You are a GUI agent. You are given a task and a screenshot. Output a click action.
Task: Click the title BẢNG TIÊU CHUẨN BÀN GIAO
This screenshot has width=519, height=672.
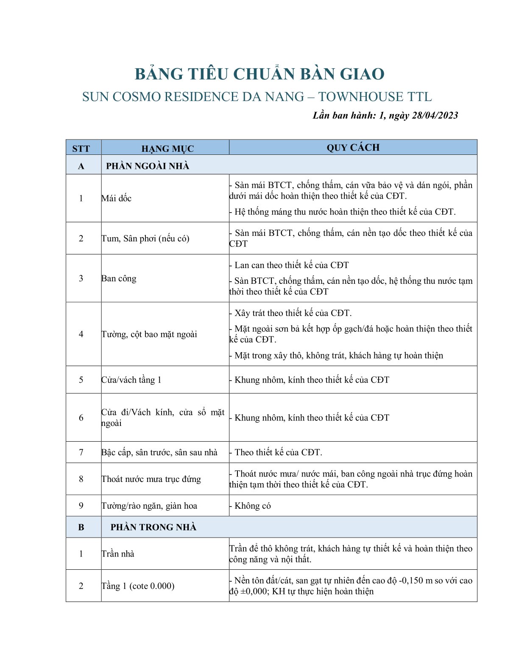coord(259,74)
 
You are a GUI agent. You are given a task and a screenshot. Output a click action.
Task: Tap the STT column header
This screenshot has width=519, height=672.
coord(81,148)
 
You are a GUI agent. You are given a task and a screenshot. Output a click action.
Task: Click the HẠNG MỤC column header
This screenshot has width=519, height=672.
coord(167,148)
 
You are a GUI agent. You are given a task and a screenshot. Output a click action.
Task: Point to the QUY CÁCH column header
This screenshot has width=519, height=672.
coord(353,148)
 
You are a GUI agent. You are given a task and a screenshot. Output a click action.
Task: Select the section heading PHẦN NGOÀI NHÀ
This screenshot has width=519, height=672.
coord(148,166)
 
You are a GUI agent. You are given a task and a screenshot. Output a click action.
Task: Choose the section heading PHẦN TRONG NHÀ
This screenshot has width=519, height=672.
coord(153,527)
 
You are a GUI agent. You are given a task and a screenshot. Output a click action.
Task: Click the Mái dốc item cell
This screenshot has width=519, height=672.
coord(117,198)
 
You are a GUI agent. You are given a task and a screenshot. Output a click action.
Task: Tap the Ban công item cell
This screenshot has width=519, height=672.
coord(119,278)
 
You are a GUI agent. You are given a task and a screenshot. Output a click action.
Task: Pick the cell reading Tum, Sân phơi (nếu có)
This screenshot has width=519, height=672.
coord(145,238)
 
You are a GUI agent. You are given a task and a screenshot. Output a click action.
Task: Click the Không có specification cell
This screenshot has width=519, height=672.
coord(253,506)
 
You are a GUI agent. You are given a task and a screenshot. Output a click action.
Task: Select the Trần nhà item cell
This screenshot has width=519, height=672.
coord(118,554)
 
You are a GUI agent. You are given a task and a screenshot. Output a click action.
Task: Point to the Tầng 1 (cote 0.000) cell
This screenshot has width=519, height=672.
coord(138,586)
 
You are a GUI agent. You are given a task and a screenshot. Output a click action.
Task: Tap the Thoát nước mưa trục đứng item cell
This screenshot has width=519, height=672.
coord(151,479)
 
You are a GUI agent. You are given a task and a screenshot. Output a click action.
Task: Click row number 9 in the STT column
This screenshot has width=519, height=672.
coord(81,506)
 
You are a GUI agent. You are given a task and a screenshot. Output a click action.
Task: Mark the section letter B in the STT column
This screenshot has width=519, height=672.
coord(81,527)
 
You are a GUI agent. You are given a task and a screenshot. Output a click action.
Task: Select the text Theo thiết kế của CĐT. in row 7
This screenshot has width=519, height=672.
coord(278,452)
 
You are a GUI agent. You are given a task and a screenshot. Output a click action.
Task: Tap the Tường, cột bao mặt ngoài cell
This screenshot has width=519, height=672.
coord(149,334)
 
